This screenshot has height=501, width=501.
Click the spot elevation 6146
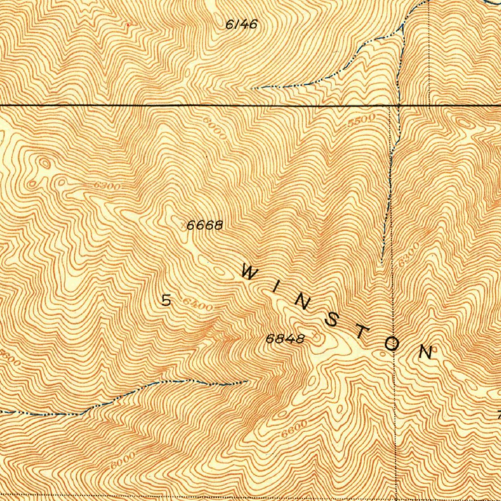[241, 24]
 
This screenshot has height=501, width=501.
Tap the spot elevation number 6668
[205, 226]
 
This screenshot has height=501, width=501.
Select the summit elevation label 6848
[285, 339]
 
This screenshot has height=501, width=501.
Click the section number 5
[166, 300]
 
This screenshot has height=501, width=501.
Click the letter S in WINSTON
[332, 320]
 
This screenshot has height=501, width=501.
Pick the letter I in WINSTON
[274, 289]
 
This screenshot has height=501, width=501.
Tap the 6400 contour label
[197, 305]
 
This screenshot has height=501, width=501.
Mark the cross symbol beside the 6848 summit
[316, 337]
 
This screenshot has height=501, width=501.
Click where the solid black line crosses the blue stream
[399, 105]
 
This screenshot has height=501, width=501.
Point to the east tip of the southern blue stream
[247, 381]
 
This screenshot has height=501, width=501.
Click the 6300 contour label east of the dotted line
[409, 255]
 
